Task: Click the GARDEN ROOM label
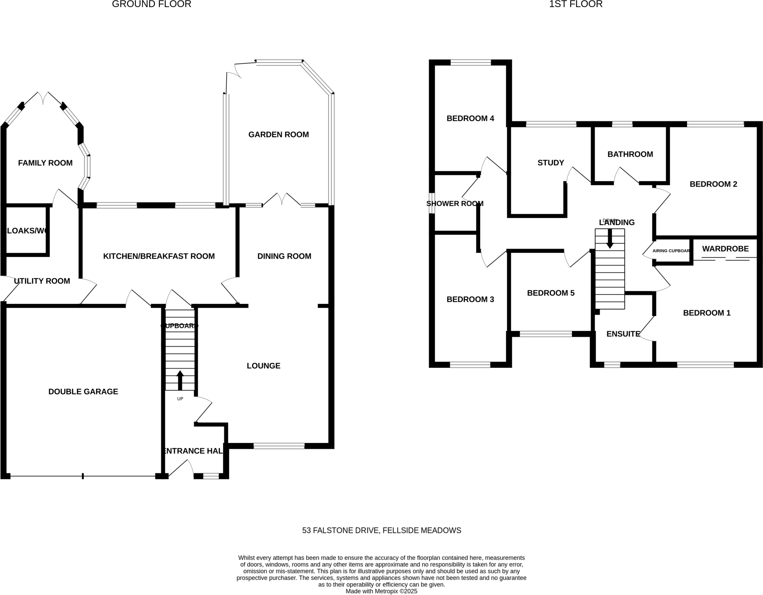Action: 278,134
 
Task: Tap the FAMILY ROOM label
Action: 45,163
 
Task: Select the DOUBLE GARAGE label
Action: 83,392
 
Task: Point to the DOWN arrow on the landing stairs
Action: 610,238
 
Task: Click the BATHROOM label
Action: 630,154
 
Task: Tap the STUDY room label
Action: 551,163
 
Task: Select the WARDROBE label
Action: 725,249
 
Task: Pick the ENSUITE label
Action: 623,334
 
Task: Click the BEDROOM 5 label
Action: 551,293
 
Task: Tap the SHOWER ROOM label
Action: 455,203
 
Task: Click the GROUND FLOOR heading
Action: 151,4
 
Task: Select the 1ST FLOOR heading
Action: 575,4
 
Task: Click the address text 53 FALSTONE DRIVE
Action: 381,530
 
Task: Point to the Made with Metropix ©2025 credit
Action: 381,591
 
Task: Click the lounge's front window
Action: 279,446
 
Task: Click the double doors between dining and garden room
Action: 282,200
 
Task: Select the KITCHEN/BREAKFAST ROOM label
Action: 159,256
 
